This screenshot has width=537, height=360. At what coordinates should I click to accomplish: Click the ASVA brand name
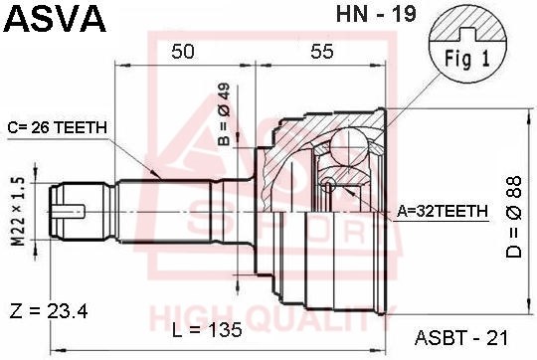pos(55,19)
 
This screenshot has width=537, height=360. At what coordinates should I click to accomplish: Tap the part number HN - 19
pos(376,14)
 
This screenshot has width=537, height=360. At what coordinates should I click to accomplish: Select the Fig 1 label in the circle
pos(467,59)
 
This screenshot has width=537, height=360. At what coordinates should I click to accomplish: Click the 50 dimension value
pos(183,52)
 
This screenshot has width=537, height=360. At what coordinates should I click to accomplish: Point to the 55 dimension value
pos(322,52)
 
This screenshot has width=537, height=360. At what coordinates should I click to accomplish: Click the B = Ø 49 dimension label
pos(225,114)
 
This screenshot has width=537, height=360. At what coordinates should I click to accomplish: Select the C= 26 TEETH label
pos(58,127)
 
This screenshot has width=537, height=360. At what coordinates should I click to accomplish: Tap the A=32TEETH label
pos(443,211)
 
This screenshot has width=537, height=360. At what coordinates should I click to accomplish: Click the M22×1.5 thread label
pos(19,211)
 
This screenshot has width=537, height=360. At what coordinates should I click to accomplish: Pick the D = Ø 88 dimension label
pos(514,217)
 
